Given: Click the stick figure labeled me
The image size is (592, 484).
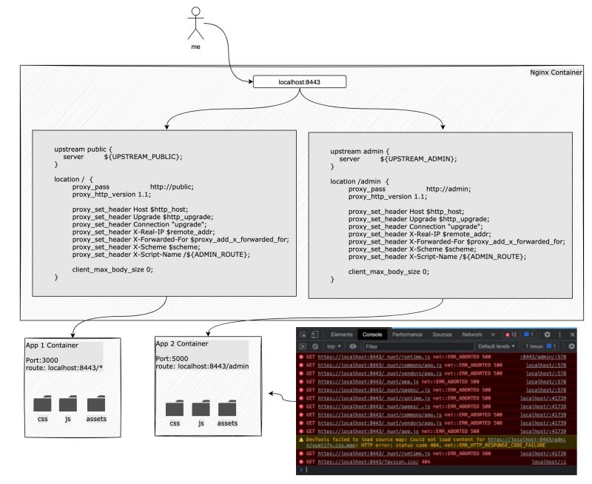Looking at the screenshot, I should (195, 24).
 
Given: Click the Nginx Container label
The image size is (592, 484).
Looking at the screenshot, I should (556, 72).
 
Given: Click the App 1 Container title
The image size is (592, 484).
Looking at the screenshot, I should (55, 345).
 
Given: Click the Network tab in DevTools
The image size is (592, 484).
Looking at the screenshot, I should (472, 335).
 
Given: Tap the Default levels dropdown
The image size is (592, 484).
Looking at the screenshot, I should (496, 346).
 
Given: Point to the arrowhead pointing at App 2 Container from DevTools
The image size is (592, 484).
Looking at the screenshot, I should (270, 396).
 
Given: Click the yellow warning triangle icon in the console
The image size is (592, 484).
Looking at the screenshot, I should (301, 438).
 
